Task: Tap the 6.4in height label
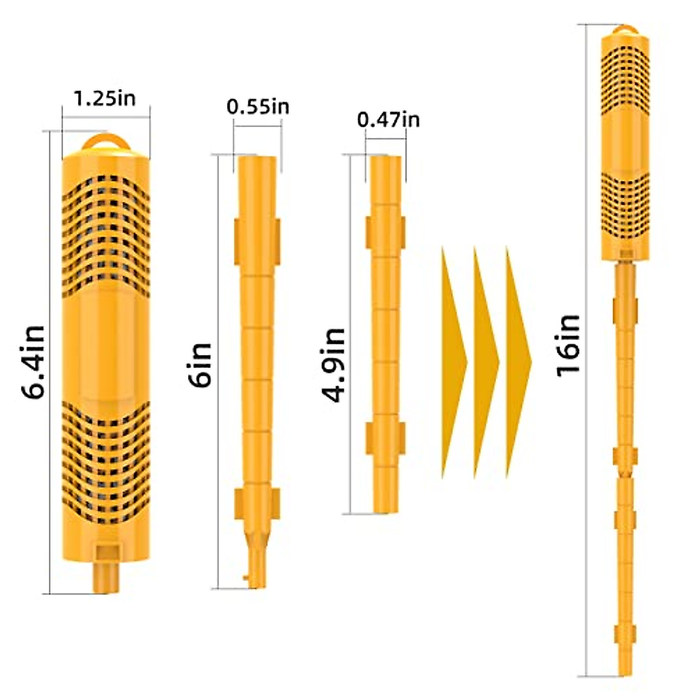point(32,362)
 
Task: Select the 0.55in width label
point(258,107)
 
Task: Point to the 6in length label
point(201,364)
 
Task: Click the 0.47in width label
point(388,120)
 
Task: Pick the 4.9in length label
point(333,365)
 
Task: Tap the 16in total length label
point(568,346)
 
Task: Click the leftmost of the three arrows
point(454,362)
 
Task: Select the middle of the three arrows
point(487,362)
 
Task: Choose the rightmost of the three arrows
point(519,362)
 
